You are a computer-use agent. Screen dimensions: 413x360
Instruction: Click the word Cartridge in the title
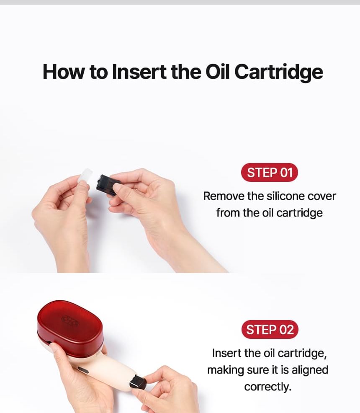278,72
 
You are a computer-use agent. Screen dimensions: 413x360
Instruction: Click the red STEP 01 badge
270,173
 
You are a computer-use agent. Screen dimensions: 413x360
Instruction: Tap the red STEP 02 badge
270,330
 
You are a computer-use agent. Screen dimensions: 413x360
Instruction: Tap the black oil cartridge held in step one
108,184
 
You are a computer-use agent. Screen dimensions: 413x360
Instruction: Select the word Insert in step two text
226,353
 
